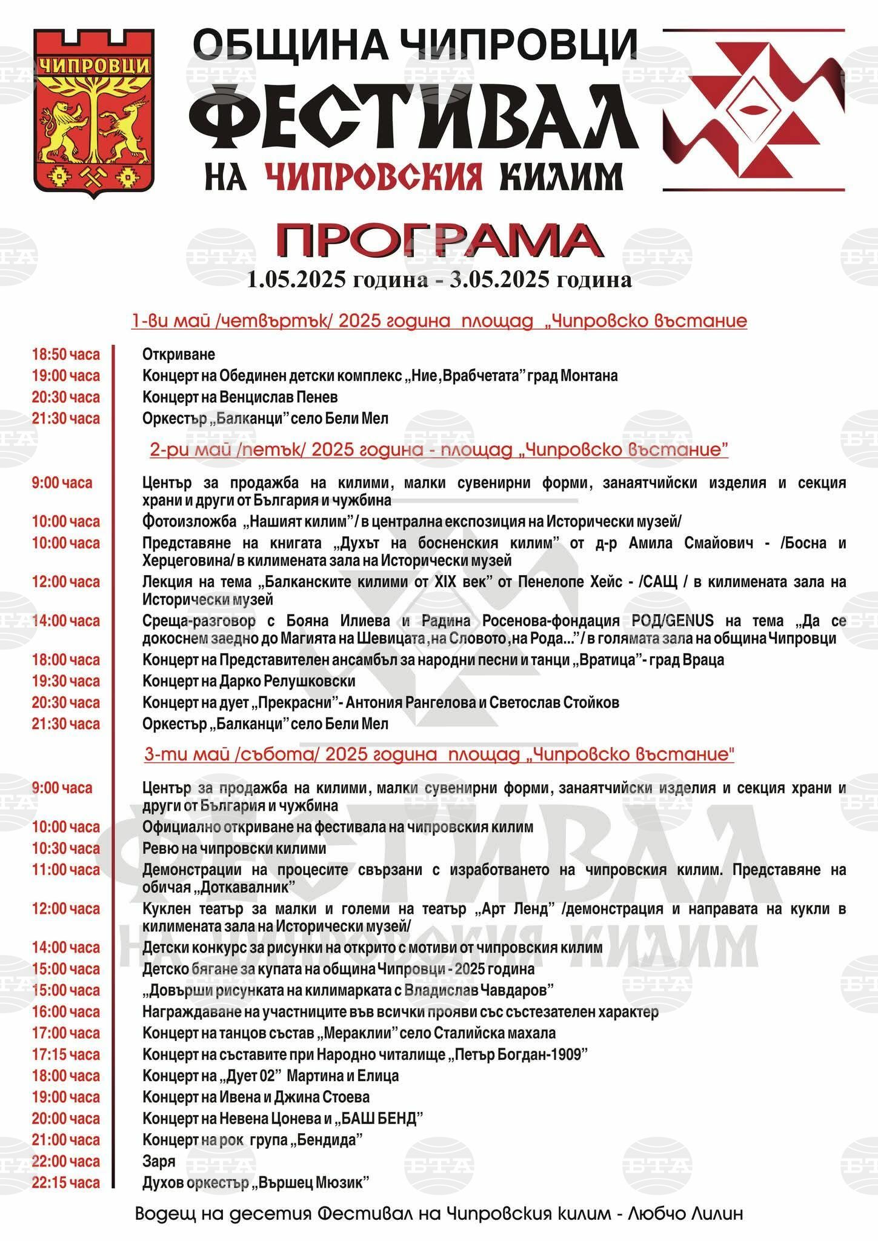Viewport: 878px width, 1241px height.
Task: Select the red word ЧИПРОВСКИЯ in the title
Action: (374, 176)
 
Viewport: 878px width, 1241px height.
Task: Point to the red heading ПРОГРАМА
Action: (439, 241)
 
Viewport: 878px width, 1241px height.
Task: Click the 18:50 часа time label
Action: (65, 354)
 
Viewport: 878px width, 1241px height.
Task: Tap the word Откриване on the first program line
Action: (179, 354)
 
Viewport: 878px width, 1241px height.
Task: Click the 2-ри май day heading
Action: (439, 450)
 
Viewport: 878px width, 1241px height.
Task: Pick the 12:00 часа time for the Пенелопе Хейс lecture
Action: (65, 582)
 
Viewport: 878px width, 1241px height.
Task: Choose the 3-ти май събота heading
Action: (439, 754)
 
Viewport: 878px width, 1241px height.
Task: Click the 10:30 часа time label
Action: (65, 848)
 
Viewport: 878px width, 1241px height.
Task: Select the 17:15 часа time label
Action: (65, 1054)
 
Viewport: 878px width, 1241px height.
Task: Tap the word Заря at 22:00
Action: (159, 1161)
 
